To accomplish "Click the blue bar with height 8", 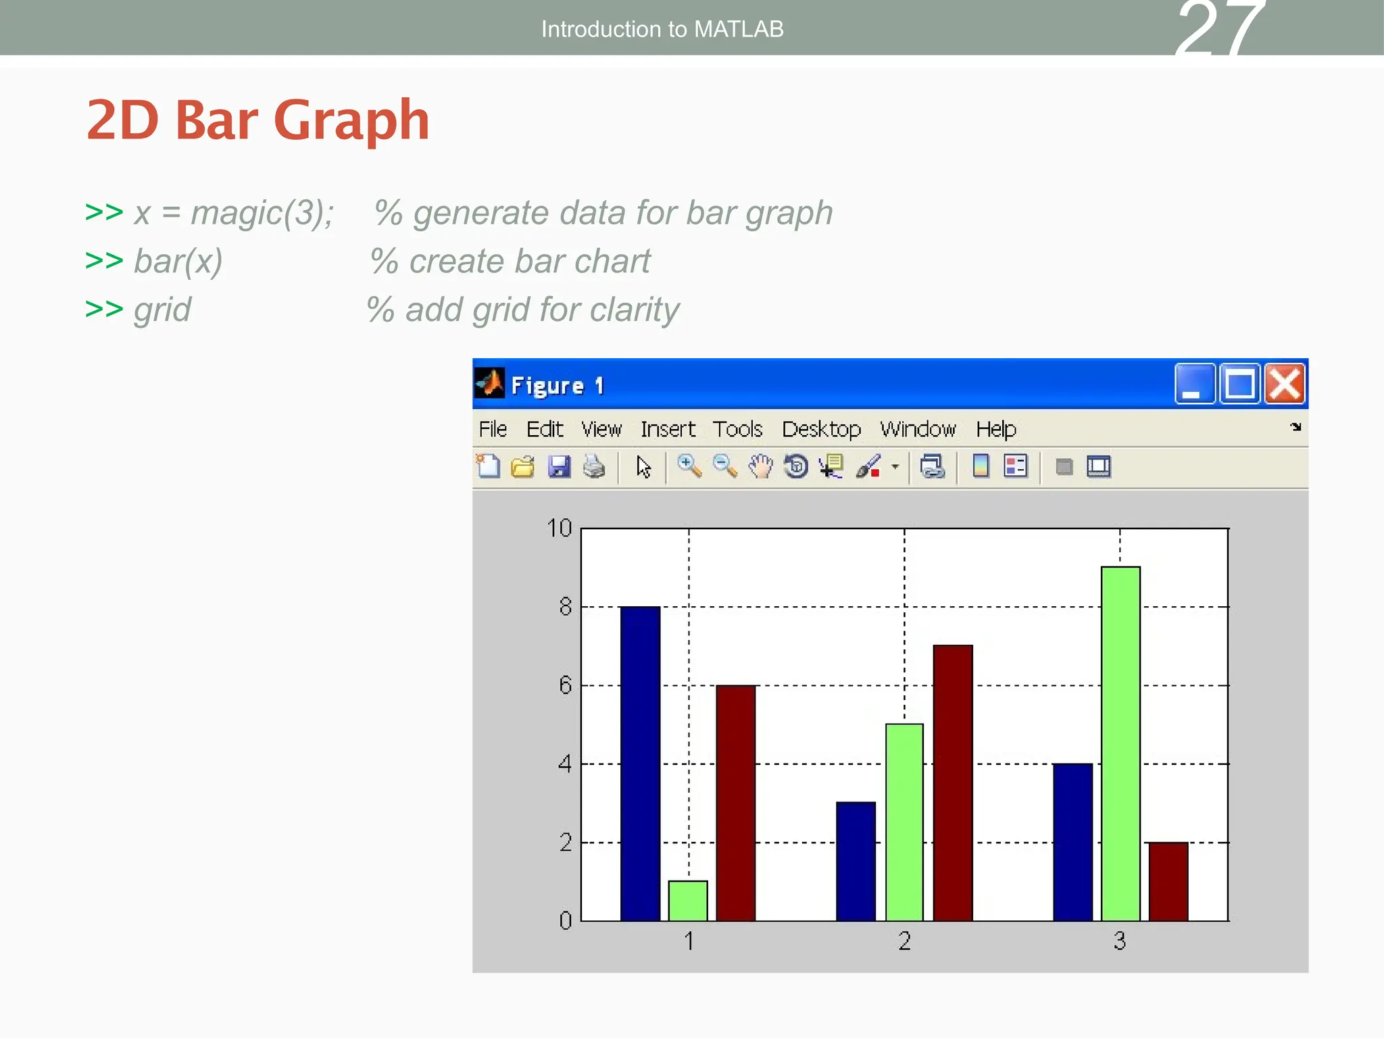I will click(640, 763).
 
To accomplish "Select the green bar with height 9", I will click(1120, 743).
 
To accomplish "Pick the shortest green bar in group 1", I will click(688, 900).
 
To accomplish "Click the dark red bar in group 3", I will click(1168, 881).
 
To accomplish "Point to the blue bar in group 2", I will click(856, 861).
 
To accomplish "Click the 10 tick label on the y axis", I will click(559, 528).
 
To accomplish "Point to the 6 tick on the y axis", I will click(566, 686).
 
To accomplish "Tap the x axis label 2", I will click(904, 941).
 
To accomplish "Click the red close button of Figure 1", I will click(1284, 385).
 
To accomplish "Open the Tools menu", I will click(737, 429).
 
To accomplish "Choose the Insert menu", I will click(668, 429).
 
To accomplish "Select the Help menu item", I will click(995, 429).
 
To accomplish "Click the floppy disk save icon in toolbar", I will click(559, 467).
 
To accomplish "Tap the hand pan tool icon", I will click(760, 467).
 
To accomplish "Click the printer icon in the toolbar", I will click(594, 467).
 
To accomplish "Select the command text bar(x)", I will click(178, 262).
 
